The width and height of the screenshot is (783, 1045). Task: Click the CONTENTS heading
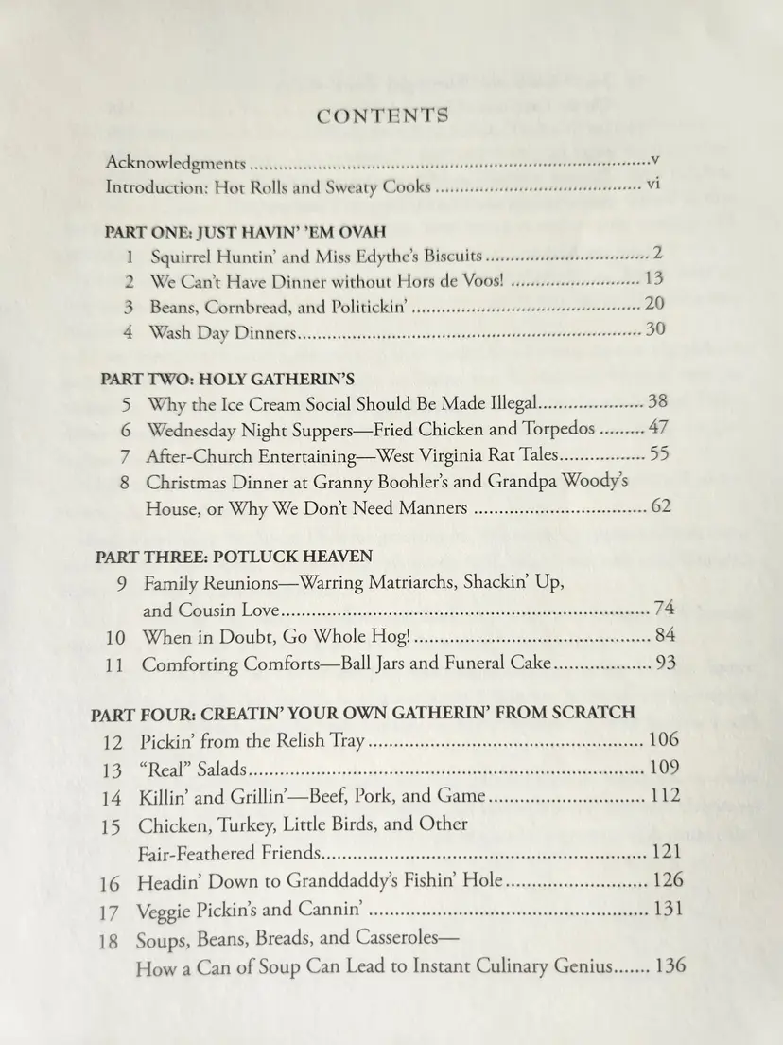coord(383,116)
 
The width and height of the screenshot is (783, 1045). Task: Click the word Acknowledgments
coord(176,163)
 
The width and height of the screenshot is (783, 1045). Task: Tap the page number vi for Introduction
coord(652,184)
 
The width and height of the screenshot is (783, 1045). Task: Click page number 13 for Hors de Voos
coord(653,278)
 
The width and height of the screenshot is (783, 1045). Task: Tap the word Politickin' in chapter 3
coord(370,307)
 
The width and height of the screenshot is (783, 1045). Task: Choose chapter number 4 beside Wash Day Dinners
coord(130,332)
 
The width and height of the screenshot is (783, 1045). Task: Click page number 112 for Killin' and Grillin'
coord(664,795)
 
